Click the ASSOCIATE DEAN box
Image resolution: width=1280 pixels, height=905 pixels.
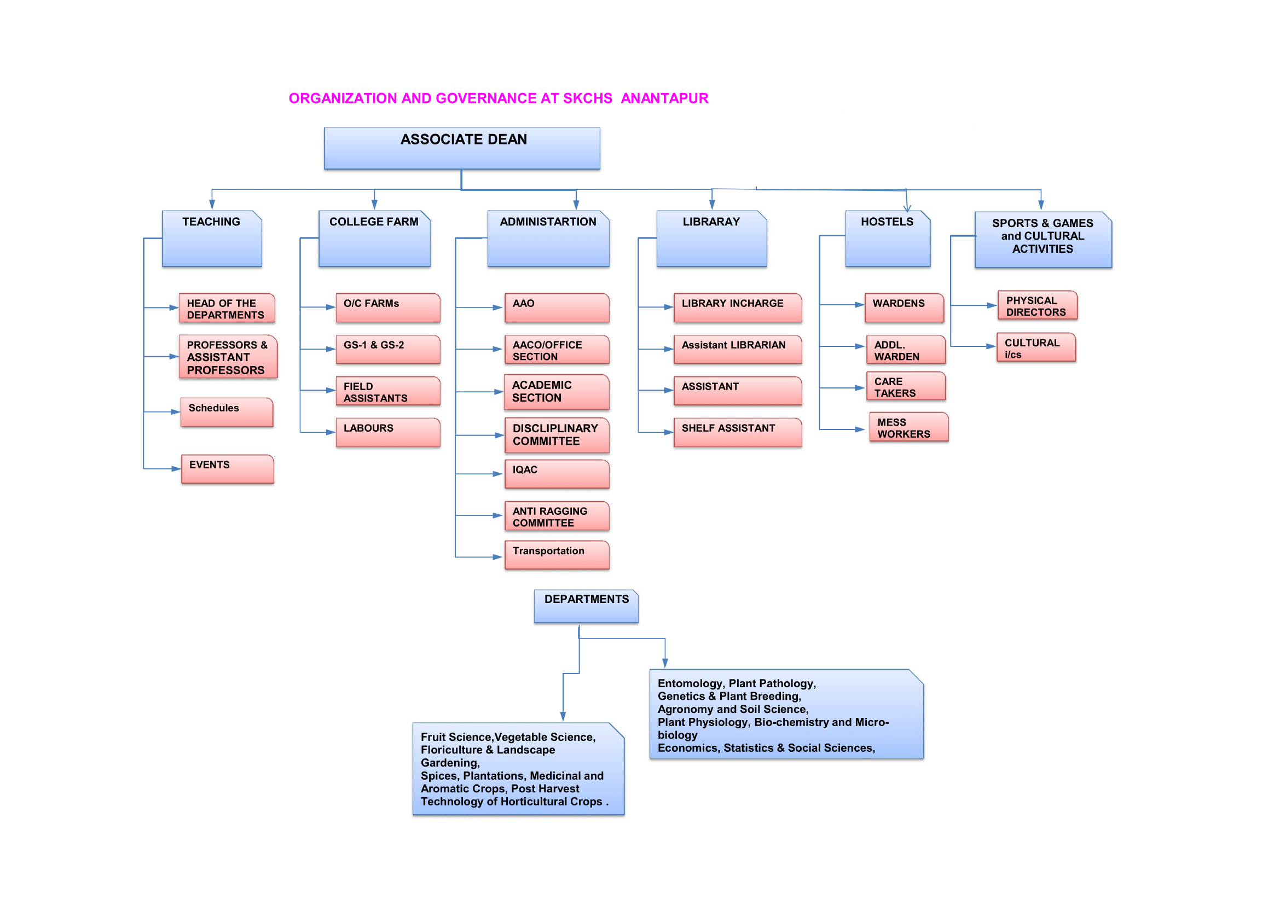[x=462, y=148]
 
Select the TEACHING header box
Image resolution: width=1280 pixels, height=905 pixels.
[x=212, y=238]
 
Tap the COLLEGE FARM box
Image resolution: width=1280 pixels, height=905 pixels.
[x=374, y=238]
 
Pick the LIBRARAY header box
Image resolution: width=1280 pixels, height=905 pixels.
[x=711, y=238]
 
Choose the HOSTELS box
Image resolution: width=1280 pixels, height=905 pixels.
[x=888, y=238]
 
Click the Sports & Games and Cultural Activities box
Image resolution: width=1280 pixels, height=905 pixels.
[x=1042, y=239]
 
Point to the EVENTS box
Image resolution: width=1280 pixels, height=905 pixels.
[x=228, y=469]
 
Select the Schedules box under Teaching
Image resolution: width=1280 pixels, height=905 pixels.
[x=227, y=412]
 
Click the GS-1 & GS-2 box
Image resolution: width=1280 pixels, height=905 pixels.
[x=387, y=349]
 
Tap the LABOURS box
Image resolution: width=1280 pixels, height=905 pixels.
[x=387, y=432]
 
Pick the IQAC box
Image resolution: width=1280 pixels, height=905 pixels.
[x=557, y=474]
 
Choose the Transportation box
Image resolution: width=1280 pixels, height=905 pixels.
[x=557, y=554]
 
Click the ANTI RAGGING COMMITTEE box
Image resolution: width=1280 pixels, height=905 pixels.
[x=557, y=516]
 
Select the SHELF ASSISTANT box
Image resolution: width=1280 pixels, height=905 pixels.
[x=737, y=432]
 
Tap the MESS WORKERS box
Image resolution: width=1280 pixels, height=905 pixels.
[x=908, y=427]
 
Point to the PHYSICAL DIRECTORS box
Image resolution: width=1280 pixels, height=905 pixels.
[x=1037, y=305]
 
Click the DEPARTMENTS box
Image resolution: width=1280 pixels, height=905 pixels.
[x=586, y=606]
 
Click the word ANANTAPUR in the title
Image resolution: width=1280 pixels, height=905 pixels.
[x=664, y=98]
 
